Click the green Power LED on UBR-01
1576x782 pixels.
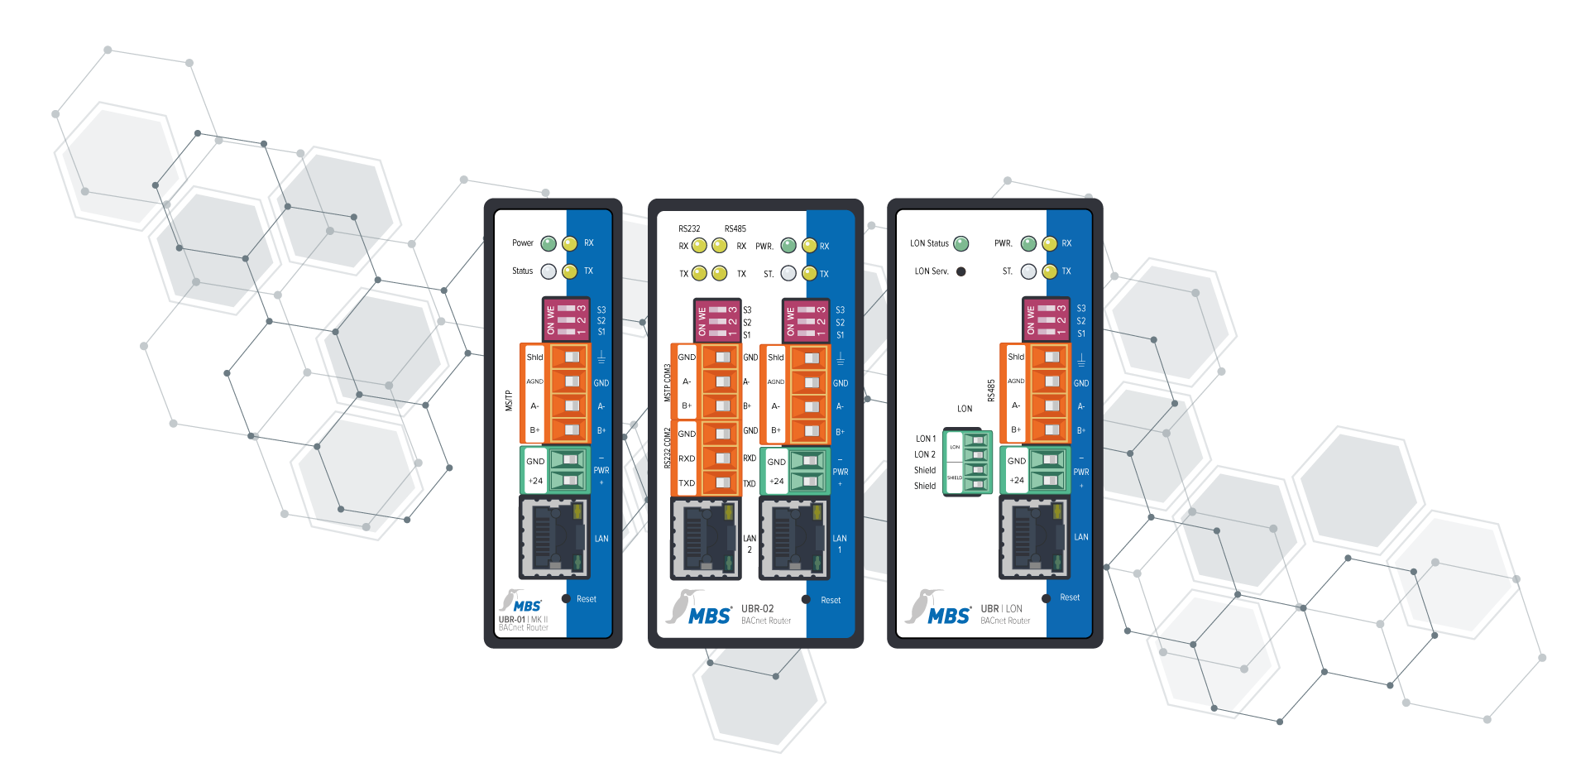(548, 243)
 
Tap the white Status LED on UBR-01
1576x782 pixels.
(548, 271)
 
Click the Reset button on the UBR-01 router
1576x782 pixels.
(566, 598)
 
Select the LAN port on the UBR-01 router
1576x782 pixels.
(554, 537)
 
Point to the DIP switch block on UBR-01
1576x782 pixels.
(566, 319)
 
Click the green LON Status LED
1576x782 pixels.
(960, 243)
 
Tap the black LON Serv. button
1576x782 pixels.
(960, 271)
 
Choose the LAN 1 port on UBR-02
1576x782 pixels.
(794, 539)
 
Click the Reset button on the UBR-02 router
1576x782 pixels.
(806, 599)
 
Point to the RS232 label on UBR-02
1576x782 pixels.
(689, 228)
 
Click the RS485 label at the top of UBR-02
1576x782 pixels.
(735, 228)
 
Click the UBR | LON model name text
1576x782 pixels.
(1001, 608)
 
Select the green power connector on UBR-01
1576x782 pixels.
(555, 470)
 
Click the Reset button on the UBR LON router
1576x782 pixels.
(1046, 597)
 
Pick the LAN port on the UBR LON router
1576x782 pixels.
(1034, 537)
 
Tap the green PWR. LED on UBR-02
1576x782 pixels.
(788, 246)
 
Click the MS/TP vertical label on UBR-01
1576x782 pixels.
(509, 401)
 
